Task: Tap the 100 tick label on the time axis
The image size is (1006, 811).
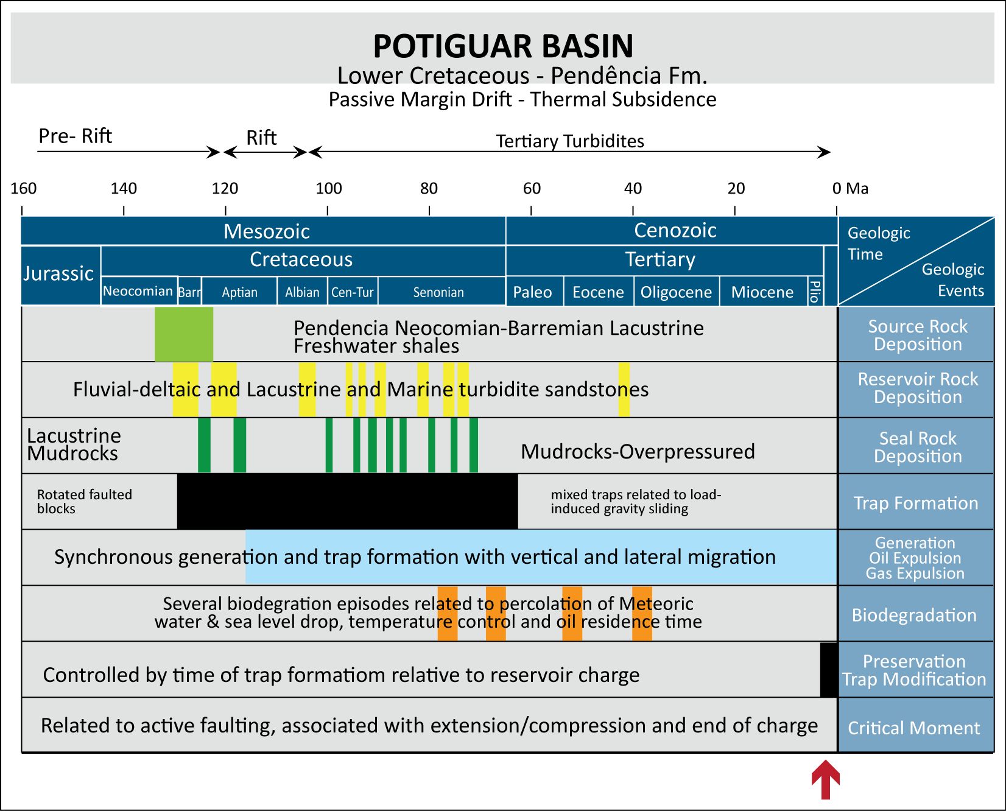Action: point(328,189)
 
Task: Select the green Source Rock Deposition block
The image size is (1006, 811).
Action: point(183,334)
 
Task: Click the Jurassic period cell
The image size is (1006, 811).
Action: point(59,274)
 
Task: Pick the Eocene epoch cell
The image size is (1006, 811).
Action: point(598,292)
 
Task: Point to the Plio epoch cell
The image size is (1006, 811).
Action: point(815,292)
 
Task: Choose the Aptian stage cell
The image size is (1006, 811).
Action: point(239,292)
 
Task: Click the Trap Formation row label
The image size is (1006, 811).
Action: point(915,503)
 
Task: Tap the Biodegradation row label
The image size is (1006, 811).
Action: point(914,615)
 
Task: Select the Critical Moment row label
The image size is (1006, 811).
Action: point(913,728)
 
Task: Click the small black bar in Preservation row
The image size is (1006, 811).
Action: point(828,670)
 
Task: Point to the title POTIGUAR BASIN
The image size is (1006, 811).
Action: point(503,46)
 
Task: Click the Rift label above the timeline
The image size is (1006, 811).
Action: point(261,138)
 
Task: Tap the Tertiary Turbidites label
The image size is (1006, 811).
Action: point(570,141)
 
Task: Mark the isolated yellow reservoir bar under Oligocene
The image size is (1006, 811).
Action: point(624,390)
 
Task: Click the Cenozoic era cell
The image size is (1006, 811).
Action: point(675,231)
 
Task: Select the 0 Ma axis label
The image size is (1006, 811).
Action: point(850,189)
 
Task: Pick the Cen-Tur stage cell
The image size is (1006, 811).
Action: point(352,292)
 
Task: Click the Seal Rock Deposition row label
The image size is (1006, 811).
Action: point(917,447)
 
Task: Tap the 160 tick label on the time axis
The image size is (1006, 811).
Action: point(24,189)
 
